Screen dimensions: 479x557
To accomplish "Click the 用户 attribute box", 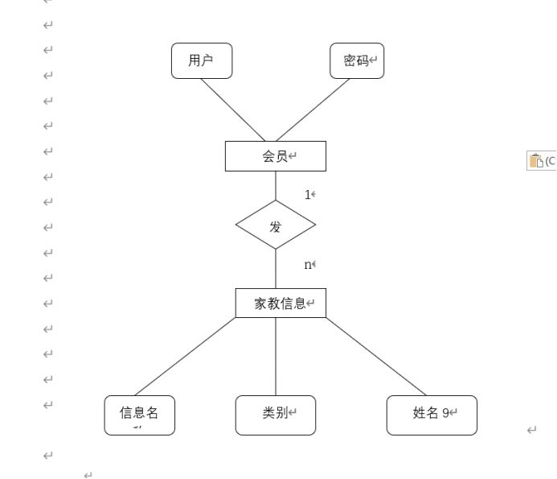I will pos(202,61).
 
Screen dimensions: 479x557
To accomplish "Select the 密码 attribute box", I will pos(357,61).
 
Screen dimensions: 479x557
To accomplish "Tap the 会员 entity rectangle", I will pos(275,156).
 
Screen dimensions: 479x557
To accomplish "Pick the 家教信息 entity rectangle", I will pos(281,304).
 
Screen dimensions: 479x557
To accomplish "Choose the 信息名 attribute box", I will pos(139,415).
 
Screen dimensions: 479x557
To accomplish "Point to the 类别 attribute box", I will pos(275,415).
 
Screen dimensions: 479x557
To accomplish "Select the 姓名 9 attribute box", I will pos(431,415).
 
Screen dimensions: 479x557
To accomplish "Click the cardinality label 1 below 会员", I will pos(308,195).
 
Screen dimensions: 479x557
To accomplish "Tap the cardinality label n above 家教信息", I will pos(308,265).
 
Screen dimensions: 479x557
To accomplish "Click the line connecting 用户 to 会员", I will pos(232,109).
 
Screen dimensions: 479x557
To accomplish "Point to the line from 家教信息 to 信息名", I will pos(185,357).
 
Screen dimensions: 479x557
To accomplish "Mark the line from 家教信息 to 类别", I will pos(276,357).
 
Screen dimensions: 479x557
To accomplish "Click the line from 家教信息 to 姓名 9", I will pos(376,357).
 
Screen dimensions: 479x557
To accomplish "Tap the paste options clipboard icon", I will pos(535,160).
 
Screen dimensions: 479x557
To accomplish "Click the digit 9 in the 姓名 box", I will pos(445,414).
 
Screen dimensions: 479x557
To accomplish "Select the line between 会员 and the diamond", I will pos(276,186).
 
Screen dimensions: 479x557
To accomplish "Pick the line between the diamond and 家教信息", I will pos(276,269).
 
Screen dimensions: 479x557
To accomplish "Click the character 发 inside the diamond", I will pos(276,226).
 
